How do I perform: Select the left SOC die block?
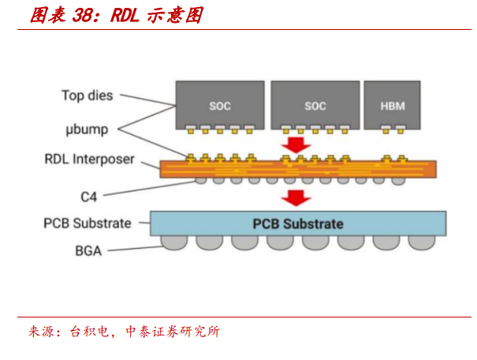point(219,106)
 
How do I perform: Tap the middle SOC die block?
point(314,106)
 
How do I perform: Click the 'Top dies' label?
point(88,95)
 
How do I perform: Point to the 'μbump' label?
point(87,128)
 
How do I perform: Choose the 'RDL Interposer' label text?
point(88,160)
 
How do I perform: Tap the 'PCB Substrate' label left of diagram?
point(87,223)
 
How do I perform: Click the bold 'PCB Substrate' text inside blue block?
point(298,224)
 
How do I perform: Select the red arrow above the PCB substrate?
point(296,198)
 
